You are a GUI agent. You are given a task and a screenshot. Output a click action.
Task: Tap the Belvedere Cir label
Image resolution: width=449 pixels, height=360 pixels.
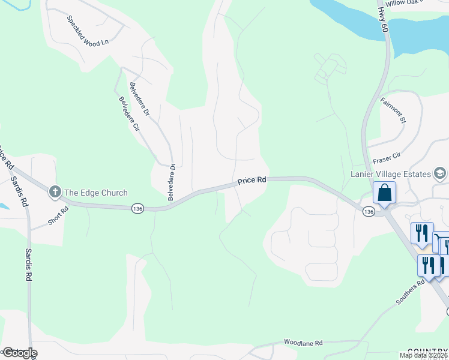130,115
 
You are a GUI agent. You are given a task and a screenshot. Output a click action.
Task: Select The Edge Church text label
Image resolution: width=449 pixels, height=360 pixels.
96,193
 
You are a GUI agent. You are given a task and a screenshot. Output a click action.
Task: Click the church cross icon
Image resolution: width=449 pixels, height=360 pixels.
55,192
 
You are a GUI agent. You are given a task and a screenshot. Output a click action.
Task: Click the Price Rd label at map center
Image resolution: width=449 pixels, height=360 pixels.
252,180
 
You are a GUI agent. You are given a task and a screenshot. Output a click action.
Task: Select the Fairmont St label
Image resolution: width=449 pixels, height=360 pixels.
393,110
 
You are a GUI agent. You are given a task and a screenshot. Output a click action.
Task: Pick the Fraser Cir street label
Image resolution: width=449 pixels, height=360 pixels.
386,158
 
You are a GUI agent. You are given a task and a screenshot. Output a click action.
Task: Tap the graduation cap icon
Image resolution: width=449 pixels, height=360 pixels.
440,174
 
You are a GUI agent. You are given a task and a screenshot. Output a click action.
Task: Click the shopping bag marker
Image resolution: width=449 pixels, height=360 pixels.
384,193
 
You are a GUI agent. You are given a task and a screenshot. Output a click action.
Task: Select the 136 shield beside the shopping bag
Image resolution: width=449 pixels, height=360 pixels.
369,212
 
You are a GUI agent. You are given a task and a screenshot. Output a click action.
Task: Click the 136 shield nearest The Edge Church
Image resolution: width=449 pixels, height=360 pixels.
137,208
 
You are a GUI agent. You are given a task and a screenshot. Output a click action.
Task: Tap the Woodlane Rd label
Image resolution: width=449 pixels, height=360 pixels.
303,343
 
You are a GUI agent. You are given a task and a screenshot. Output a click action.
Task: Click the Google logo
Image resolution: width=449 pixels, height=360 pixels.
19,353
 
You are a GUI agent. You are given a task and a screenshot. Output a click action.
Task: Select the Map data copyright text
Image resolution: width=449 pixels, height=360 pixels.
423,355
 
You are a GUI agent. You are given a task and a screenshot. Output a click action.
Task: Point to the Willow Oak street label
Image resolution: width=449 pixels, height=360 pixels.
405,3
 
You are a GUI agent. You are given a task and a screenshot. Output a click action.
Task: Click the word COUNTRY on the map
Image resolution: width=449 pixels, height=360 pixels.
427,351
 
